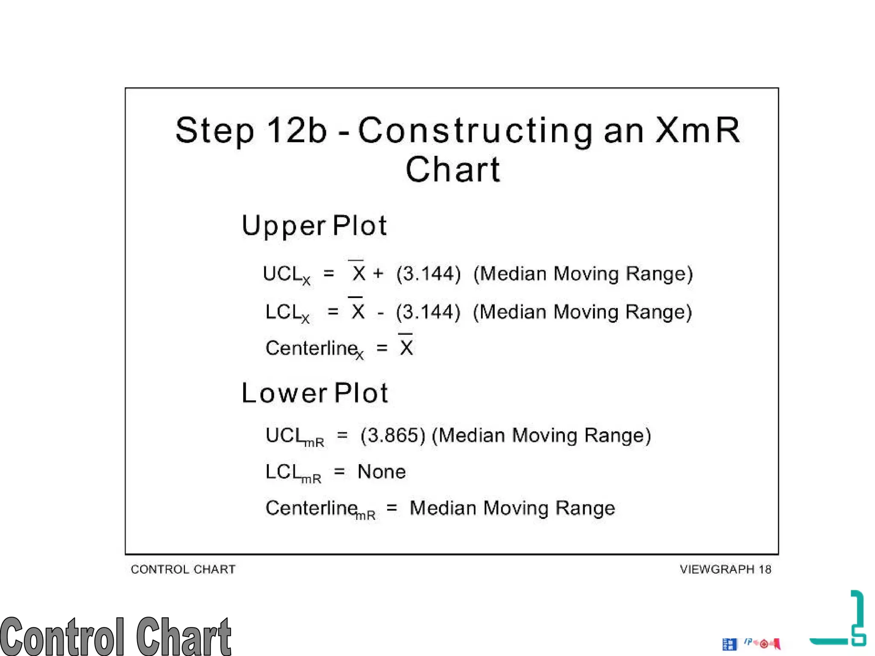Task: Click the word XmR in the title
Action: click(698, 130)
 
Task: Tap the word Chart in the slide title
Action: click(452, 170)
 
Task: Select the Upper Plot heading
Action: click(314, 225)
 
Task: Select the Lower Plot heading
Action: click(315, 393)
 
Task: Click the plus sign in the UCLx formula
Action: click(378, 273)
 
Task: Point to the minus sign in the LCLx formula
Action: click(380, 313)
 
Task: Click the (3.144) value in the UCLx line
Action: click(429, 274)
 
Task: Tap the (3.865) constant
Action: click(393, 436)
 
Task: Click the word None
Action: click(382, 472)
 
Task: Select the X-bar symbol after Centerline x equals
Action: click(406, 346)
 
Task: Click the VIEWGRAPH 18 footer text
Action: click(725, 569)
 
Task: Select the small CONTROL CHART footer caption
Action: click(183, 569)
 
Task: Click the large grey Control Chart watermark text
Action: click(115, 636)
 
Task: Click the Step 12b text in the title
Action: click(251, 130)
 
